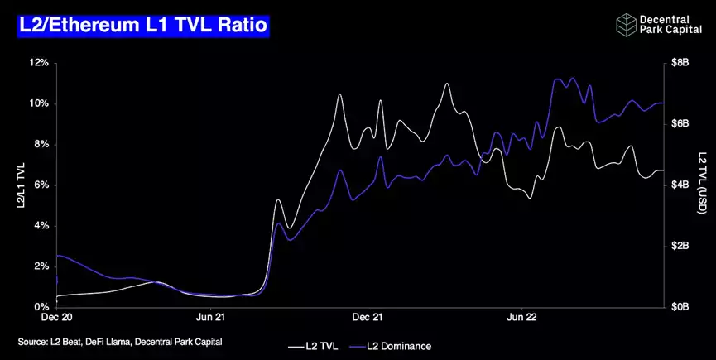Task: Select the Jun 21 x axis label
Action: pyautogui.click(x=210, y=317)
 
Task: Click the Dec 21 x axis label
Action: pyautogui.click(x=366, y=317)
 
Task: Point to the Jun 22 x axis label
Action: pyautogui.click(x=520, y=317)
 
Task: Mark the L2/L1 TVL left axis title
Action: pyautogui.click(x=22, y=185)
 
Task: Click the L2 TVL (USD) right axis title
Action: pyautogui.click(x=701, y=185)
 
